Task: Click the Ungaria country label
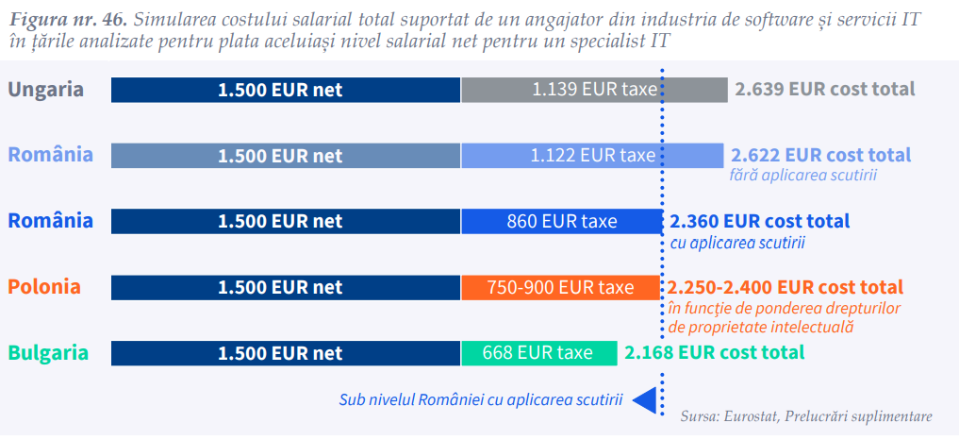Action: point(46,90)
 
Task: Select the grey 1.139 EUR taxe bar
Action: point(594,90)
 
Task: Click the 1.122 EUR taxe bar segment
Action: point(592,156)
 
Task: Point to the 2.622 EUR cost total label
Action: point(820,155)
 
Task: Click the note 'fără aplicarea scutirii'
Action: point(803,176)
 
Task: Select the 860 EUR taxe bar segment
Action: point(561,222)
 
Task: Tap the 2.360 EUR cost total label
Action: point(760,222)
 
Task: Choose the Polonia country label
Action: point(45,287)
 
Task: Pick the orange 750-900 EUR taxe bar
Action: point(561,287)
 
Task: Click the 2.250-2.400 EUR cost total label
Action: point(785,287)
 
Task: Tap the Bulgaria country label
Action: point(49,353)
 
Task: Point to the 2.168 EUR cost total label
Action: point(714,353)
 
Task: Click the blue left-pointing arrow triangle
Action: point(645,400)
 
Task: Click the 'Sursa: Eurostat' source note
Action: point(806,416)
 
